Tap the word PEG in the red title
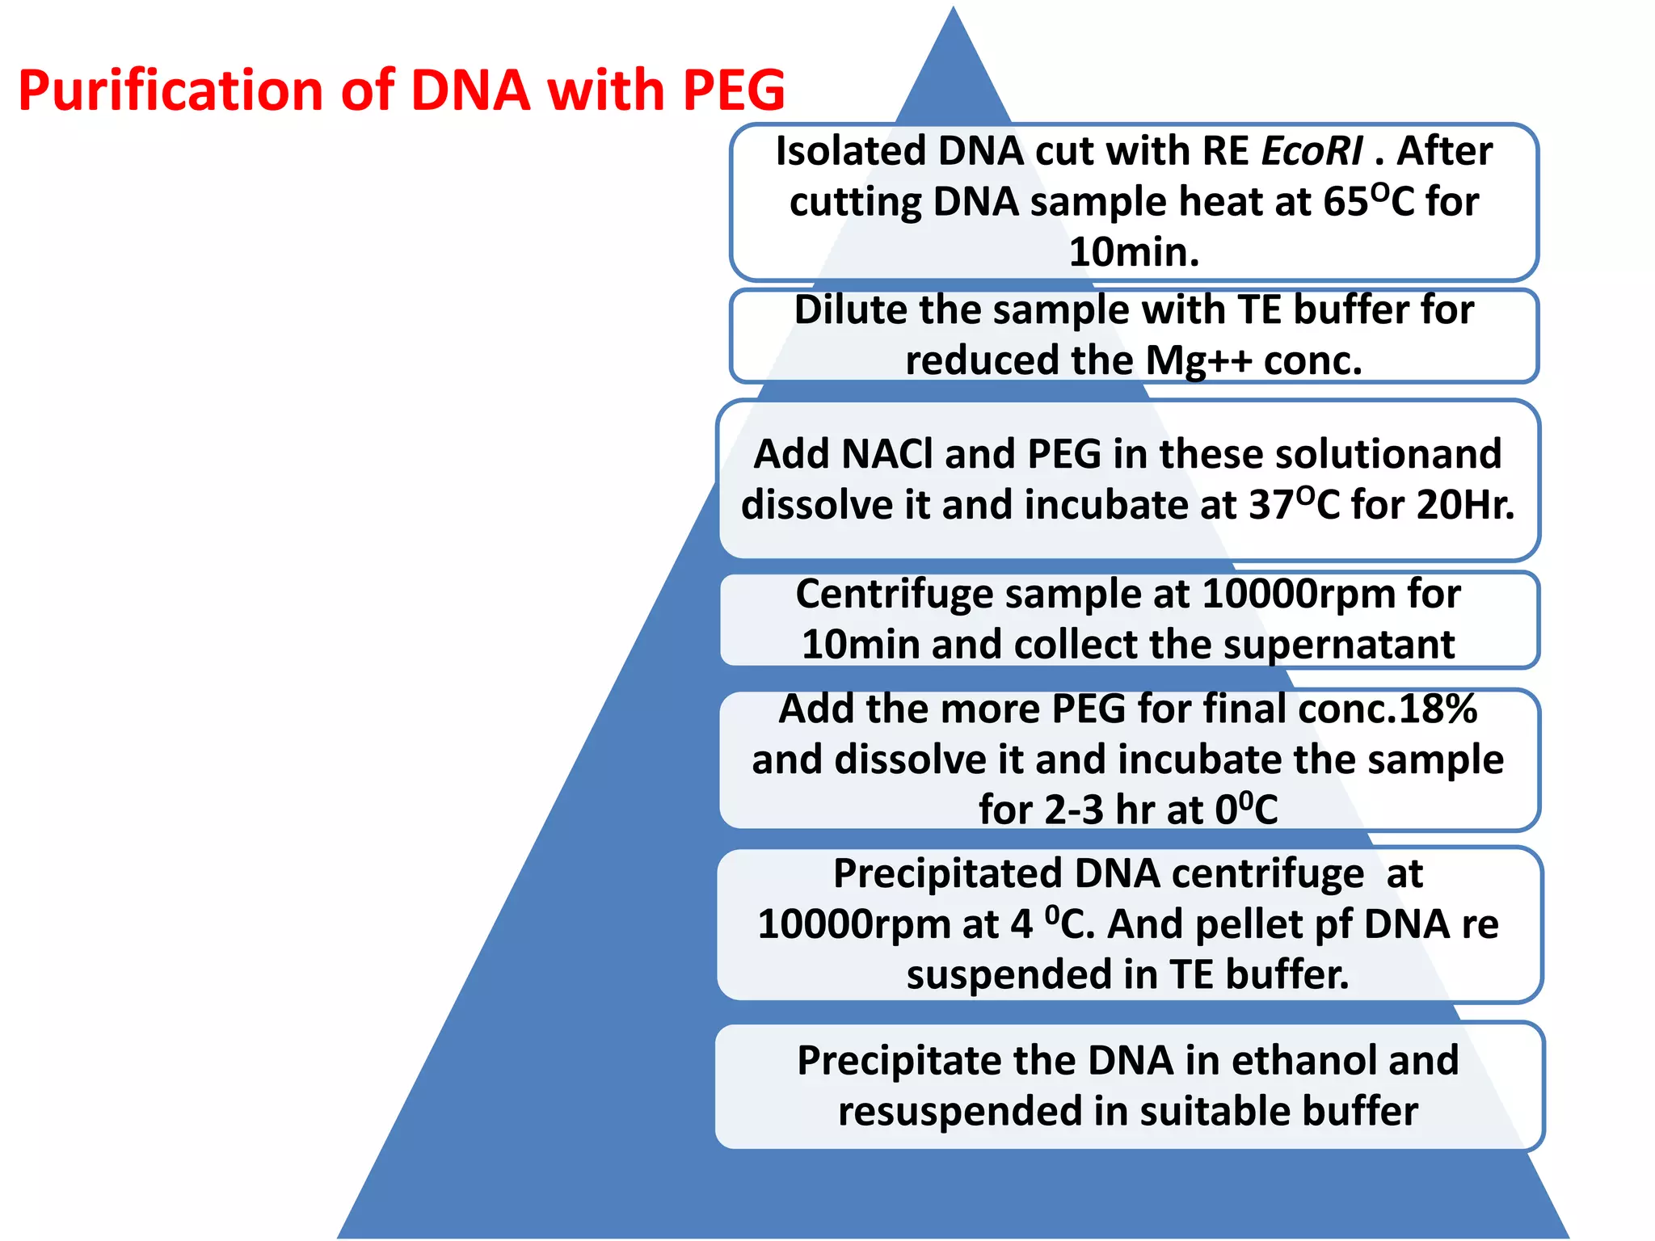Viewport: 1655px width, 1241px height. coord(733,90)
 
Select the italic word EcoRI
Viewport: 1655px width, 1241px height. coord(1312,152)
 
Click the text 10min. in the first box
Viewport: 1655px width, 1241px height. coord(1134,252)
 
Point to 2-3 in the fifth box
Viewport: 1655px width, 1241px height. coord(1073,810)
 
